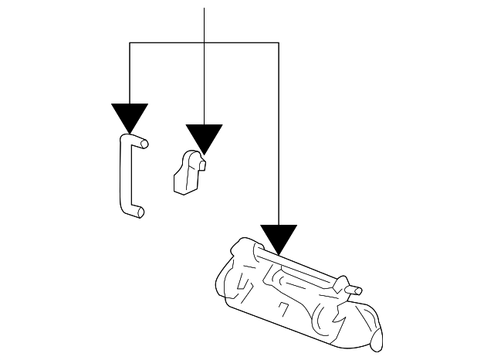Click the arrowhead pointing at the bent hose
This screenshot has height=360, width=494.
(129, 116)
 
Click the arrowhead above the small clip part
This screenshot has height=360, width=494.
(204, 137)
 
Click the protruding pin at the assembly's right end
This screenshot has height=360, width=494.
(356, 291)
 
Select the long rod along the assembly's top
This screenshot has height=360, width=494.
(301, 267)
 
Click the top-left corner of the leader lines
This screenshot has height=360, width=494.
(129, 43)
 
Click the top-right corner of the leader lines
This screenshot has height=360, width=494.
(278, 43)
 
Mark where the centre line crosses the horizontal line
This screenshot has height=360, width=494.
(204, 43)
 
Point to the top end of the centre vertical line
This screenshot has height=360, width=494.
(204, 9)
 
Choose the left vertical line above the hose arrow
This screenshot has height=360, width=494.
(129, 73)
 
